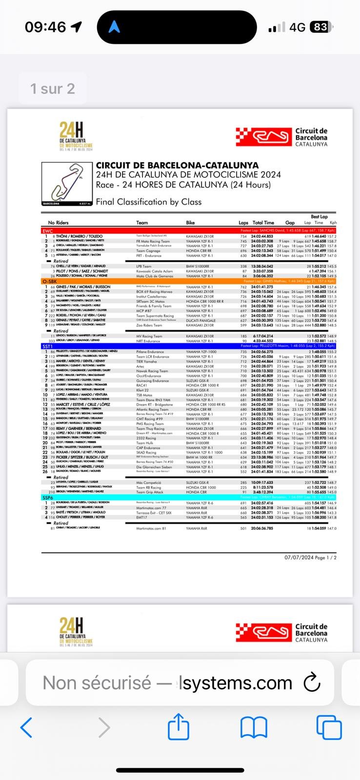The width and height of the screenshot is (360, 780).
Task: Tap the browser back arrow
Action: click(26, 727)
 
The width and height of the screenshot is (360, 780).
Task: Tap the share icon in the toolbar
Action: click(179, 727)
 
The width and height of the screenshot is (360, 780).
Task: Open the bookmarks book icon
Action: click(254, 728)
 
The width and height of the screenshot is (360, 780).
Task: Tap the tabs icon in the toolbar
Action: click(329, 728)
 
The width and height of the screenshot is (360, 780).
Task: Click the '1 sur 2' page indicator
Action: click(53, 89)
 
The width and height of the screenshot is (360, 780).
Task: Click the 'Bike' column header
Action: click(190, 223)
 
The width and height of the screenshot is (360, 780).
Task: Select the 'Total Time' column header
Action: click(263, 223)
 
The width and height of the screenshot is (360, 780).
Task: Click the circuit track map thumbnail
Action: click(66, 184)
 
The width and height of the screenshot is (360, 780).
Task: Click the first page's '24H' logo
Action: click(76, 136)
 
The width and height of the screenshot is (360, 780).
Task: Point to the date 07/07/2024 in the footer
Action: click(299, 557)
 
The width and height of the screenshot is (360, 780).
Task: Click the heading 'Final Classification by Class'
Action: click(148, 202)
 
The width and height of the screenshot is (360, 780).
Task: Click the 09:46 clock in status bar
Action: click(46, 27)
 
